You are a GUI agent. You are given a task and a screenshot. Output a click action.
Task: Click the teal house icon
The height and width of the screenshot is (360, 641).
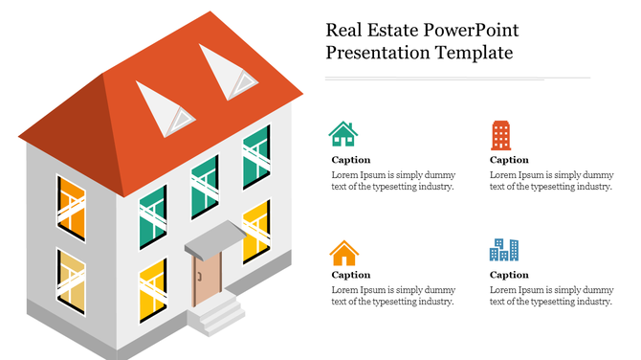point(343,133)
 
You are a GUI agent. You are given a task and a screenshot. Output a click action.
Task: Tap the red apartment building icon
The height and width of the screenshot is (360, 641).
point(500,135)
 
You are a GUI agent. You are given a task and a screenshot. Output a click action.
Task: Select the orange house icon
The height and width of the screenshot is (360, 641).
point(343,253)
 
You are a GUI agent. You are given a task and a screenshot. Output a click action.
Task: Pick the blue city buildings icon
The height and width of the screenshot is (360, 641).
point(503,250)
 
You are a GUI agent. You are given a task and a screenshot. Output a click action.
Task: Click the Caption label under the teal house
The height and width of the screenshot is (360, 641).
point(350,160)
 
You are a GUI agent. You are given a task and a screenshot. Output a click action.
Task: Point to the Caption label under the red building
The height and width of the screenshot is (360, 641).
point(509,160)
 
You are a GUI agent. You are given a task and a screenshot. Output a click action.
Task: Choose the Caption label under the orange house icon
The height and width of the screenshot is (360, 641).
point(350,275)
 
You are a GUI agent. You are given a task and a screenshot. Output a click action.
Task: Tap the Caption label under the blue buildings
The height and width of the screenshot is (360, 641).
point(509,275)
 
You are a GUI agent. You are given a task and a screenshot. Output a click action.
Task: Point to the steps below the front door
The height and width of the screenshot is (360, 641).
point(214,313)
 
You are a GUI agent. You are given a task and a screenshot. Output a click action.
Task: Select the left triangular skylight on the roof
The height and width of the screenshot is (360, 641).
point(166,107)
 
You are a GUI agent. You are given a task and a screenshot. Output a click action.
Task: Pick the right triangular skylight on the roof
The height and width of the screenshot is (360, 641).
point(231,71)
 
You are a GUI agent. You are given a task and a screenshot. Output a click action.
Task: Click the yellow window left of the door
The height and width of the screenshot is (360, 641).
point(153,291)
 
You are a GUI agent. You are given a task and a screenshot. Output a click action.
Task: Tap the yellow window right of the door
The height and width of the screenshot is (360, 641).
point(255,231)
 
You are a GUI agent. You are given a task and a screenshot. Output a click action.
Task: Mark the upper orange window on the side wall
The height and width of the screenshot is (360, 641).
point(71,207)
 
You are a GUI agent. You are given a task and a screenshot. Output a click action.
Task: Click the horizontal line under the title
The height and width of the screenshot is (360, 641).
point(457,78)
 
